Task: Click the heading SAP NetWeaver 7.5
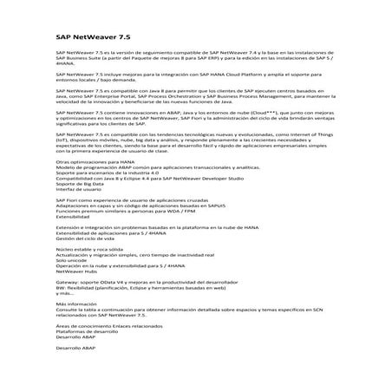point(93,40)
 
